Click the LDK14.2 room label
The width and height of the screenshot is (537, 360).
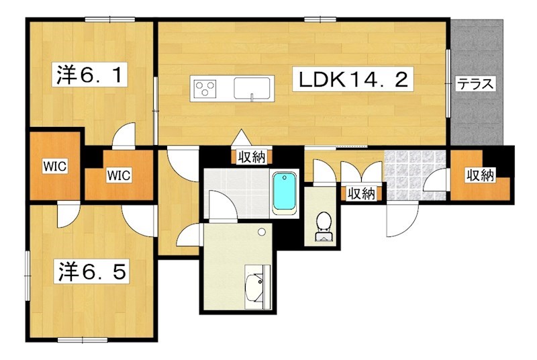point(353,79)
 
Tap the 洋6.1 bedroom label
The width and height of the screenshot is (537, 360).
point(89,74)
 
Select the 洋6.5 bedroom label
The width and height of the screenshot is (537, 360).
point(92,271)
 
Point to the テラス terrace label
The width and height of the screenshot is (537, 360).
point(476,83)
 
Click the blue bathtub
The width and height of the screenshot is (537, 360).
point(284,194)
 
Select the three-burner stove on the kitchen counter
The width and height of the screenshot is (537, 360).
point(205,88)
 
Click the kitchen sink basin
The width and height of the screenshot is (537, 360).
point(252,88)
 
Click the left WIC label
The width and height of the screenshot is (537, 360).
point(55,167)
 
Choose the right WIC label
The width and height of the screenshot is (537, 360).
point(119,175)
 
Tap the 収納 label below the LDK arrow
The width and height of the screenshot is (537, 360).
point(252,157)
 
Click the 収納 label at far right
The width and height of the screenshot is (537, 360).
point(480,175)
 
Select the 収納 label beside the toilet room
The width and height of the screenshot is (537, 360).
point(362,194)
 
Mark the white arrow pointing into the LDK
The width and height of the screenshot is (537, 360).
point(242,137)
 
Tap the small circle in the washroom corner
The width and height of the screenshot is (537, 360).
point(262,232)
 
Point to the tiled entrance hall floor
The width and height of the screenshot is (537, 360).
point(415,175)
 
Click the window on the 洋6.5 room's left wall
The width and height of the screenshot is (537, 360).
point(28,276)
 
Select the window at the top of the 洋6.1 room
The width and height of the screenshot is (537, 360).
point(109,19)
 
